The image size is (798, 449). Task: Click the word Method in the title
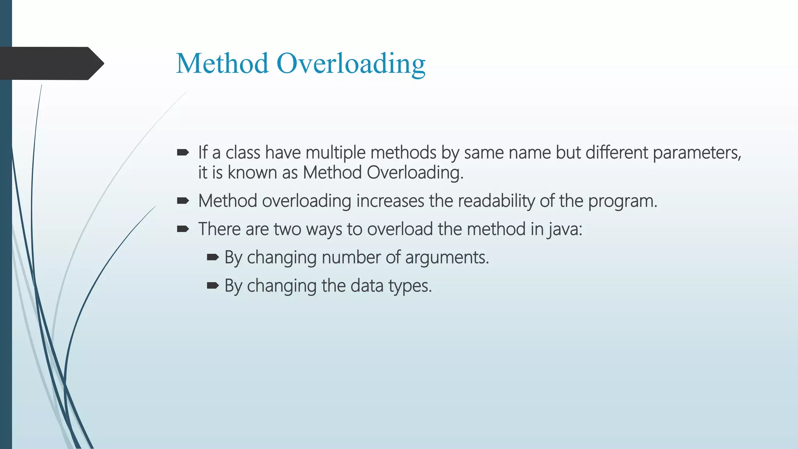(222, 63)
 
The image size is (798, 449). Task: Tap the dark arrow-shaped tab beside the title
(51, 64)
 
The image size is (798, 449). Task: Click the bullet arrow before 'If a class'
(183, 152)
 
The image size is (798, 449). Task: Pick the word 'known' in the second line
(252, 173)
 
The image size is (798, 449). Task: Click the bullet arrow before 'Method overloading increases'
(183, 201)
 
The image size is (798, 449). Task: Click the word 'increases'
(390, 201)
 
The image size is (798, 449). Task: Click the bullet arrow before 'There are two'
(183, 229)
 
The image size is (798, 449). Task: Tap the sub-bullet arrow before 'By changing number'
(213, 257)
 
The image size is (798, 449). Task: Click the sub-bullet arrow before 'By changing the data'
(213, 286)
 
